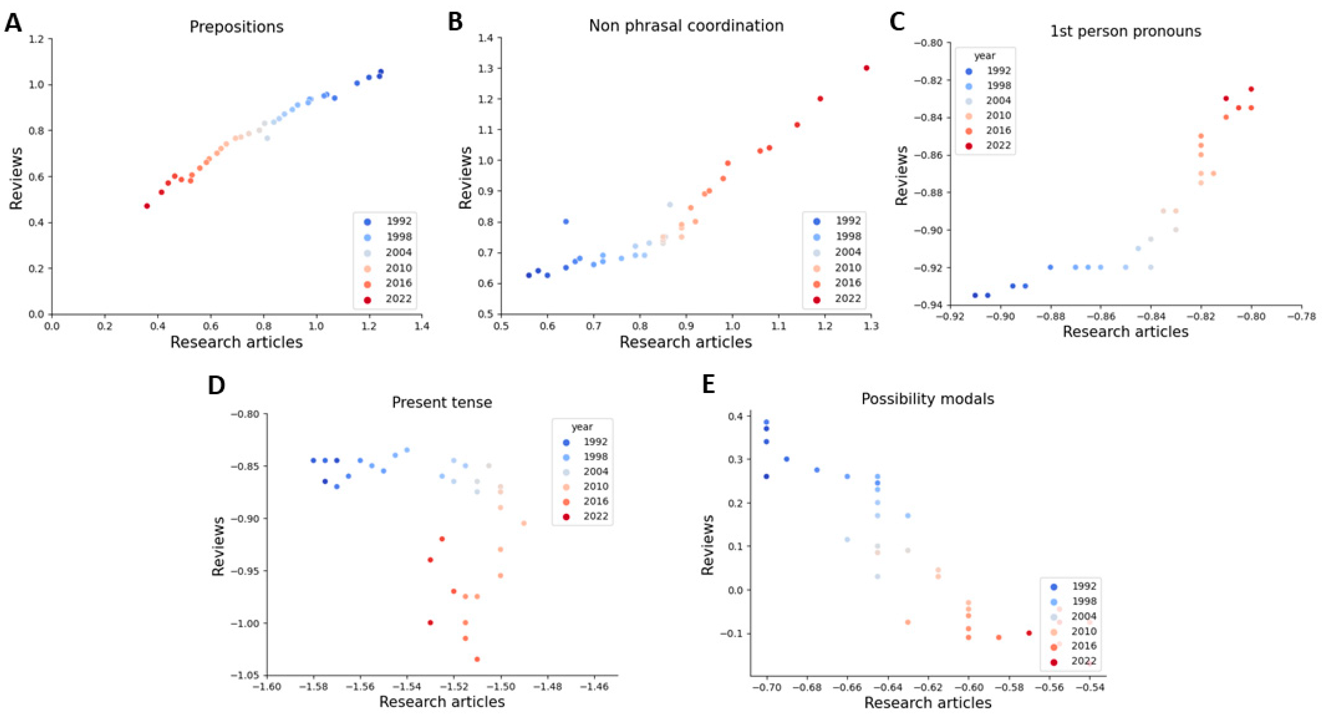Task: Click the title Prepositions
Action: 236,27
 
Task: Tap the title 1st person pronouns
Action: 1125,31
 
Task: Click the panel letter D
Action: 216,385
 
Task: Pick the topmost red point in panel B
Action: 866,68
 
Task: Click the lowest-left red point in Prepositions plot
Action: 147,206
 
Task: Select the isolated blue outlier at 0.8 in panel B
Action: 566,221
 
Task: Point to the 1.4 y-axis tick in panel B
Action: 486,38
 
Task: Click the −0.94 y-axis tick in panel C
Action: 928,305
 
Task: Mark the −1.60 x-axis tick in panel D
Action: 267,686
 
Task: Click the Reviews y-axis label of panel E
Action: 709,545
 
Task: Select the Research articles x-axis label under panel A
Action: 236,342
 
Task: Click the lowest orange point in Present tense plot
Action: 477,659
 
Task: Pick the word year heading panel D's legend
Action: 582,427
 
